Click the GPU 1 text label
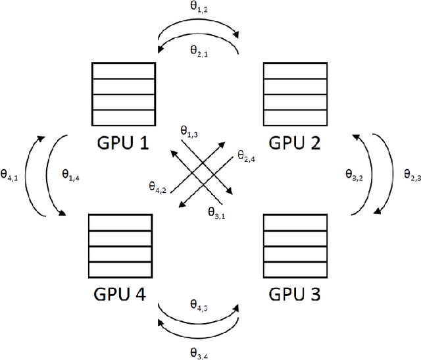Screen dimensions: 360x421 coord(124,141)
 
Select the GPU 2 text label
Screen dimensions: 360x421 coord(294,141)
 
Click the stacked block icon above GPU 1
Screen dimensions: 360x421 coord(124,93)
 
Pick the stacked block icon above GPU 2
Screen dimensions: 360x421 coord(294,93)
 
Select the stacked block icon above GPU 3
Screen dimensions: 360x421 coord(294,245)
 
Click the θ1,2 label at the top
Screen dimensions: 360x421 coord(198,7)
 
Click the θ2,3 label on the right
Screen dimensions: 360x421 coord(412,176)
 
